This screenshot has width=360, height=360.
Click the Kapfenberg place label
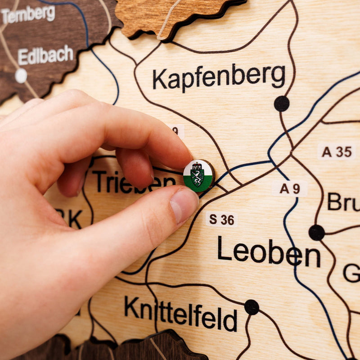[219, 77]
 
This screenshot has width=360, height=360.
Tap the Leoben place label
[269, 252]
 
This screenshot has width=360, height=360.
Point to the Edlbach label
[45, 56]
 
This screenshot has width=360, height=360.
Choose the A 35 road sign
[337, 152]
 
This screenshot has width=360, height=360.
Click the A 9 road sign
[289, 189]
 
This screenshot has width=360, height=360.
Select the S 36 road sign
[222, 220]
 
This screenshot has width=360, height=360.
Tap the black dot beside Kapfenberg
[282, 103]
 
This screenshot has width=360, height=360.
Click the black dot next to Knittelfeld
[252, 307]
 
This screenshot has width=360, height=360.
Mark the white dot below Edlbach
[21, 76]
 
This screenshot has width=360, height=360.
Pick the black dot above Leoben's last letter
[316, 232]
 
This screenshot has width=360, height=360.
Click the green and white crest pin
[198, 175]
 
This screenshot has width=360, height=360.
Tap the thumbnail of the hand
[184, 205]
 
